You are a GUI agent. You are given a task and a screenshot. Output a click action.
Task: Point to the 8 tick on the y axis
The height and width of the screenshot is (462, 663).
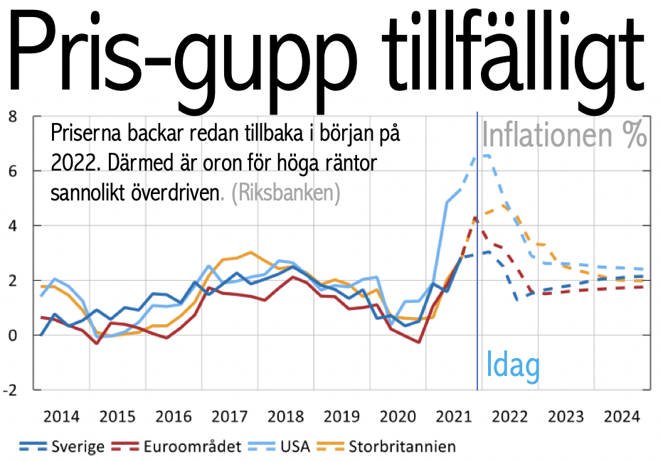tap(11, 117)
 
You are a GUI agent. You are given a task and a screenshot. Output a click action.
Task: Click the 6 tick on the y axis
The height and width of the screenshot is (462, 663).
tap(11, 171)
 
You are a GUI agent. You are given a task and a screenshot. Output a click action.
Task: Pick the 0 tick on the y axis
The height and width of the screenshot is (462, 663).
tap(11, 335)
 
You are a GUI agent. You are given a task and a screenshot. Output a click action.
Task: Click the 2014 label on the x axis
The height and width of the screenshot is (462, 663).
tap(62, 417)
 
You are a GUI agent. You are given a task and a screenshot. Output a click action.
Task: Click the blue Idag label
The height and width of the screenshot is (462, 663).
tap(513, 365)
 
